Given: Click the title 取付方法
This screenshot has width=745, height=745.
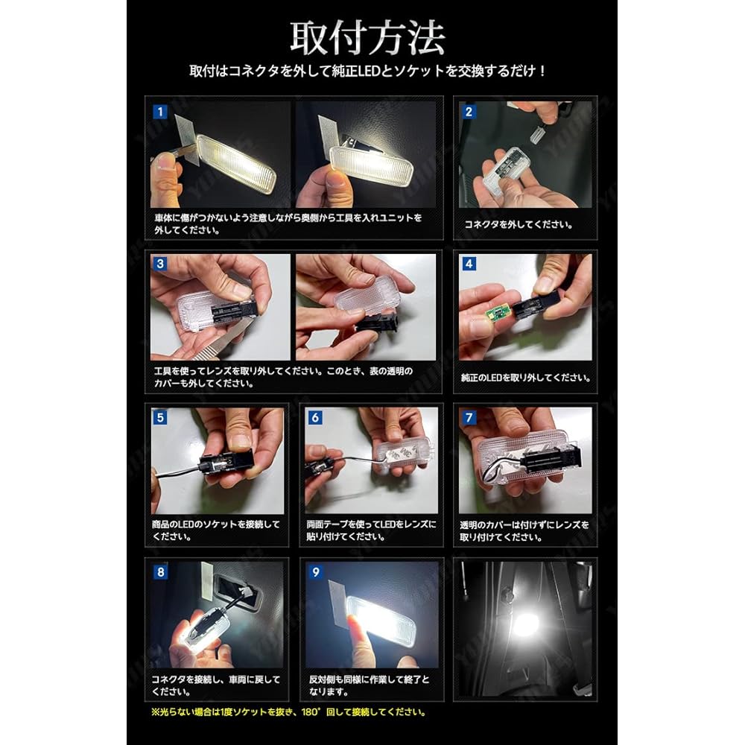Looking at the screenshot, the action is pos(367,38).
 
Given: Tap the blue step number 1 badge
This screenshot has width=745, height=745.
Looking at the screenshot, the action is pos(160,112).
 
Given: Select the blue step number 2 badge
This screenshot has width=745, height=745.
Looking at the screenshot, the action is pos(469,112).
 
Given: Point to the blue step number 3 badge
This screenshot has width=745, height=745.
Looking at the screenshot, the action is pos(160,264).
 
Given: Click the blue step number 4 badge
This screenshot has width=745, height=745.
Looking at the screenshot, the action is pos(469,264).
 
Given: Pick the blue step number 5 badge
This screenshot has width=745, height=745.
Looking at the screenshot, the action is pos(160,417).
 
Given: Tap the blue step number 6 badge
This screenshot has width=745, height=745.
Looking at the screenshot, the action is pos(314,417).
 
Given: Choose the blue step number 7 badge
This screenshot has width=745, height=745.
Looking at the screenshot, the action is pos(469,417).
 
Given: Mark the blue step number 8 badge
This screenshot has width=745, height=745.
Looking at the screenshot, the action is pos(160,571).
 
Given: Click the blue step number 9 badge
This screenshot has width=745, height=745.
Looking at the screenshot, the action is pos(315,571).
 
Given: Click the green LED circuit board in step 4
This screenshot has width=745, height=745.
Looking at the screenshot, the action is pos(498,310).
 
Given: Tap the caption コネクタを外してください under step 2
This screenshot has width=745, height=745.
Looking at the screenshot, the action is pos(519,224).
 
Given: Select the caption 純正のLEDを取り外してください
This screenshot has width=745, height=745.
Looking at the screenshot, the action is pos(525,378).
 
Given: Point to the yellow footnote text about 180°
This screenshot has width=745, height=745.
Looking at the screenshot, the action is pos(289,711).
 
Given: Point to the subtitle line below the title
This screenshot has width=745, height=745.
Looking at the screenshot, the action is pos(367,72).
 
